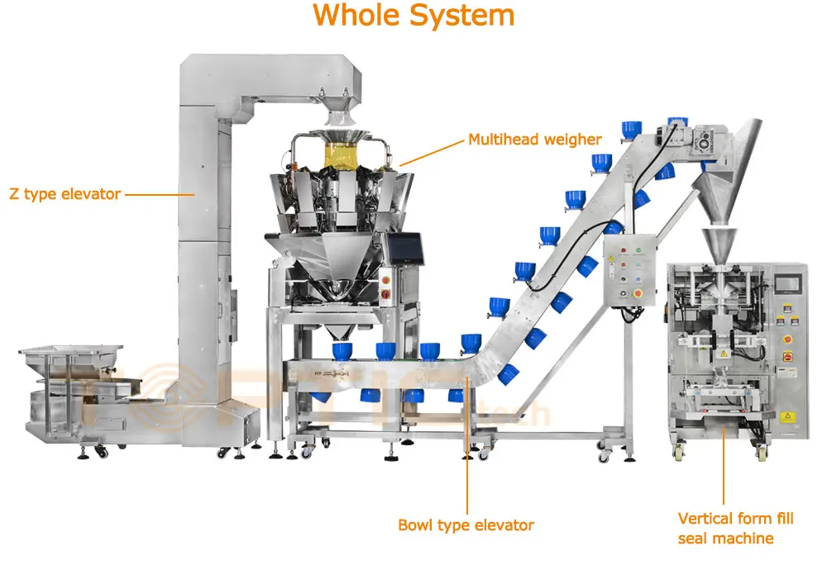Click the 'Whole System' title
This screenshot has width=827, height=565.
click(x=413, y=16)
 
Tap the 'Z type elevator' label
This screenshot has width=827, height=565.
click(x=65, y=194)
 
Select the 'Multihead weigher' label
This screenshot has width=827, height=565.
click(x=535, y=139)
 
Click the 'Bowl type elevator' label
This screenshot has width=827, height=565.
click(x=466, y=525)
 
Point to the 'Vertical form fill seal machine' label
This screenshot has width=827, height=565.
click(x=735, y=528)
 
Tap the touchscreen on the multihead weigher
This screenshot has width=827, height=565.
click(x=406, y=246)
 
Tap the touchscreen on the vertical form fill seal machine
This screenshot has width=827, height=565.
click(x=791, y=281)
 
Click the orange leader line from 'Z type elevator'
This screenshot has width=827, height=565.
click(x=159, y=195)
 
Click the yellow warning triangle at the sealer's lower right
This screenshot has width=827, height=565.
click(x=786, y=415)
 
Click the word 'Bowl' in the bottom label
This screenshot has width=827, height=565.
click(x=416, y=525)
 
